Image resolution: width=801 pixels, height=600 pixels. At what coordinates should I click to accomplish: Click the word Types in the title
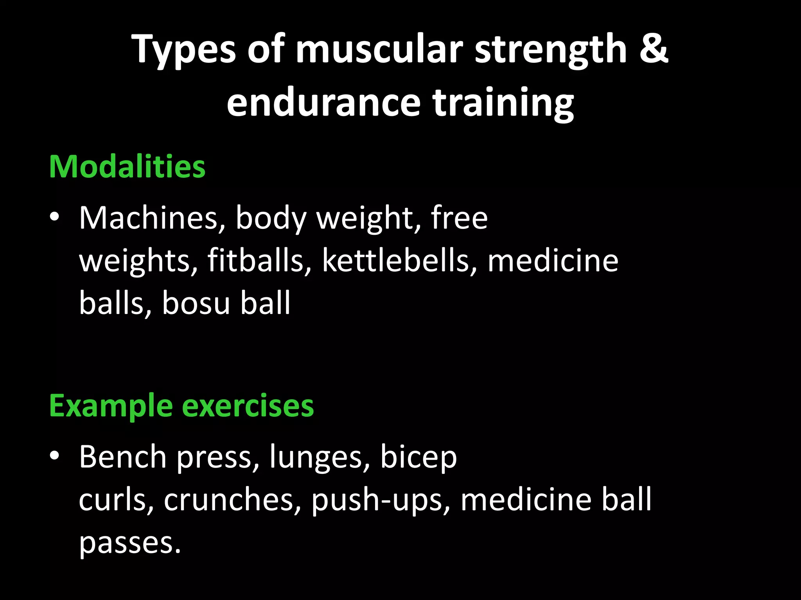[184, 50]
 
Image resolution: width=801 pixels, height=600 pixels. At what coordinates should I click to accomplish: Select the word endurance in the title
[324, 102]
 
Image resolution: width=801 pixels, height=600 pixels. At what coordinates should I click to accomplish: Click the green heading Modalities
[127, 167]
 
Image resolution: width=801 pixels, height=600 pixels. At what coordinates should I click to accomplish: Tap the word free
[459, 218]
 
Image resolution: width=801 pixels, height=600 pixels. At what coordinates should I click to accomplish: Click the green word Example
[111, 406]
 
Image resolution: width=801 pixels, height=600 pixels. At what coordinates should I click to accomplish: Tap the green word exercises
[248, 406]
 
